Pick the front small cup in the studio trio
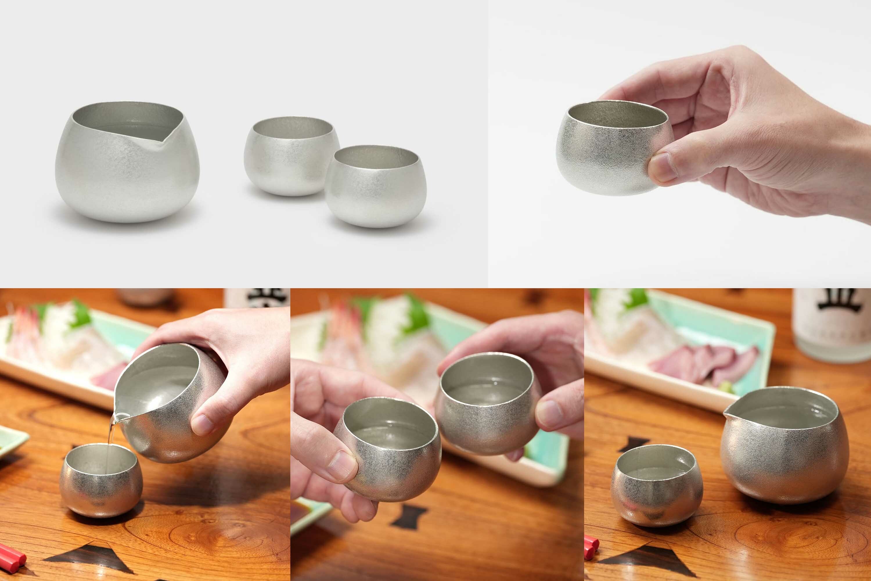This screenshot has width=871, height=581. tap(375, 187)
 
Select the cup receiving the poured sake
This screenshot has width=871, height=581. tap(101, 480)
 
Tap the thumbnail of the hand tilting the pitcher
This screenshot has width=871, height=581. tap(202, 425)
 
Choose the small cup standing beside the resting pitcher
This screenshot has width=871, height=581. tap(656, 485)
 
